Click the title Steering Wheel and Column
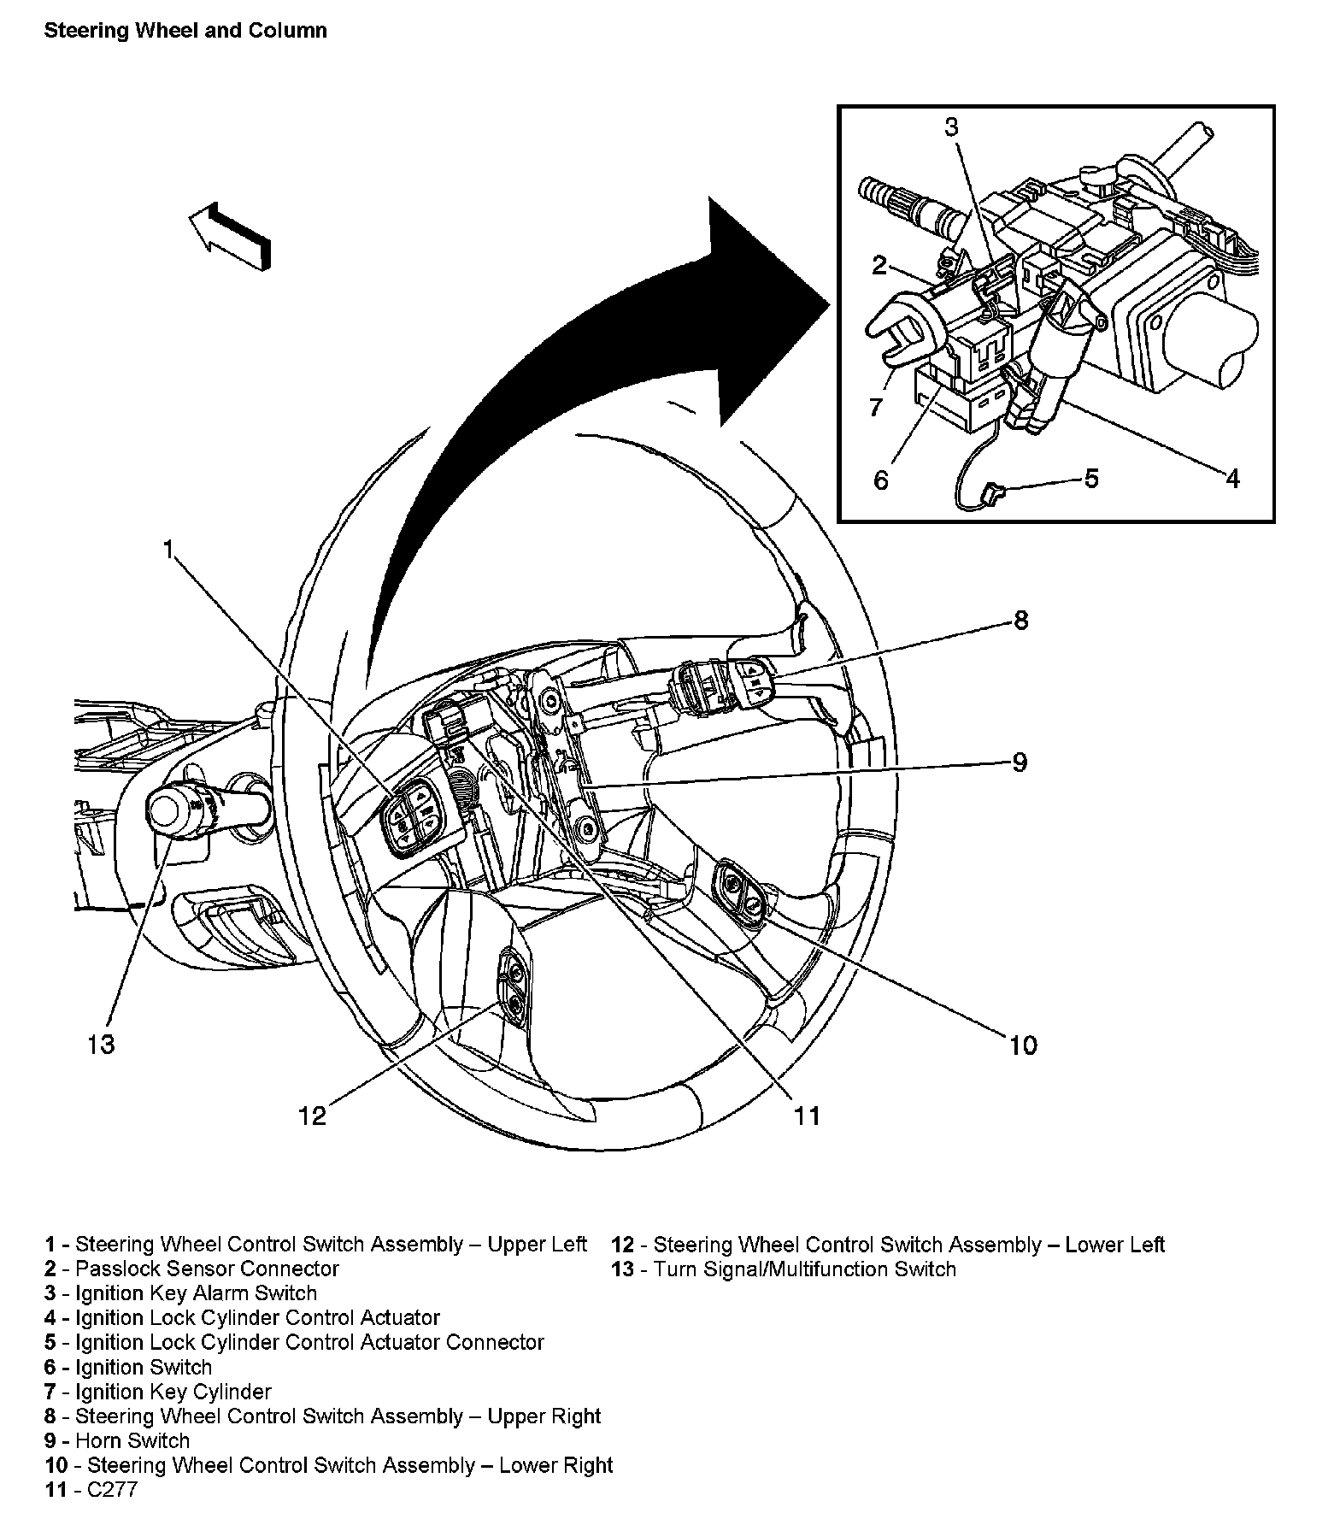click(x=185, y=31)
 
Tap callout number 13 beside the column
click(x=101, y=1044)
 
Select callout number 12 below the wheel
click(x=313, y=1116)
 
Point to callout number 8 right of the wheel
click(x=1021, y=620)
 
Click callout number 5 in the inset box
click(x=1091, y=478)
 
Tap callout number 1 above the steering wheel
click(x=168, y=549)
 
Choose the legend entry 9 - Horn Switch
click(x=117, y=1440)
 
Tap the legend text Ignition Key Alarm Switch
click(x=197, y=1293)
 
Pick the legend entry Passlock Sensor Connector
click(x=208, y=1269)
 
